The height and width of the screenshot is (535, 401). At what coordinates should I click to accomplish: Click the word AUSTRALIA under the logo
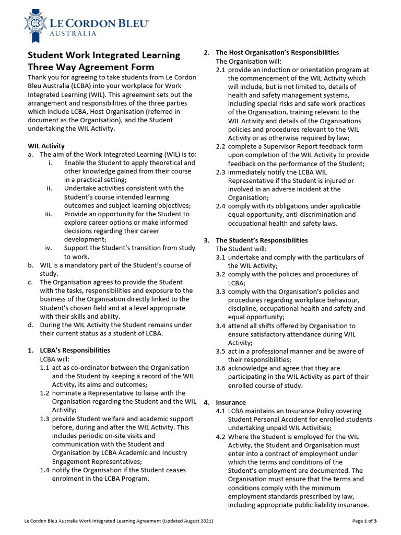[74, 33]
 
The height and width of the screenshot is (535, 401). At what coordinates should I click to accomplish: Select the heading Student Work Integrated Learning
[103, 55]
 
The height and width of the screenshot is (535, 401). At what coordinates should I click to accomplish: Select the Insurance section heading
[230, 402]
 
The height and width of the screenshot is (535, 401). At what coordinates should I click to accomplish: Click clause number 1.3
[45, 419]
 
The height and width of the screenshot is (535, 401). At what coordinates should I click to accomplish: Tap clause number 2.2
[221, 146]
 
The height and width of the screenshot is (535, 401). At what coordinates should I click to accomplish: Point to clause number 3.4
[221, 325]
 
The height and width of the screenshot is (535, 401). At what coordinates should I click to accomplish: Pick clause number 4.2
[221, 437]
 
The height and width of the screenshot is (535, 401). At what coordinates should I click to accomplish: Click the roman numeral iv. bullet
[49, 248]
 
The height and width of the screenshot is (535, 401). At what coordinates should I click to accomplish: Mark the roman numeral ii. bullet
[49, 188]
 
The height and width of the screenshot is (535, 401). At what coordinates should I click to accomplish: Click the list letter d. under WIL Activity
[31, 324]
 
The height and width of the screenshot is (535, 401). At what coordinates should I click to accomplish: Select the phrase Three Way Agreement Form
[91, 67]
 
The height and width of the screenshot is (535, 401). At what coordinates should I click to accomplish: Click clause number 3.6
[221, 368]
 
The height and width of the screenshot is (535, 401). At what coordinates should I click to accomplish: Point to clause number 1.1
[45, 368]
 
